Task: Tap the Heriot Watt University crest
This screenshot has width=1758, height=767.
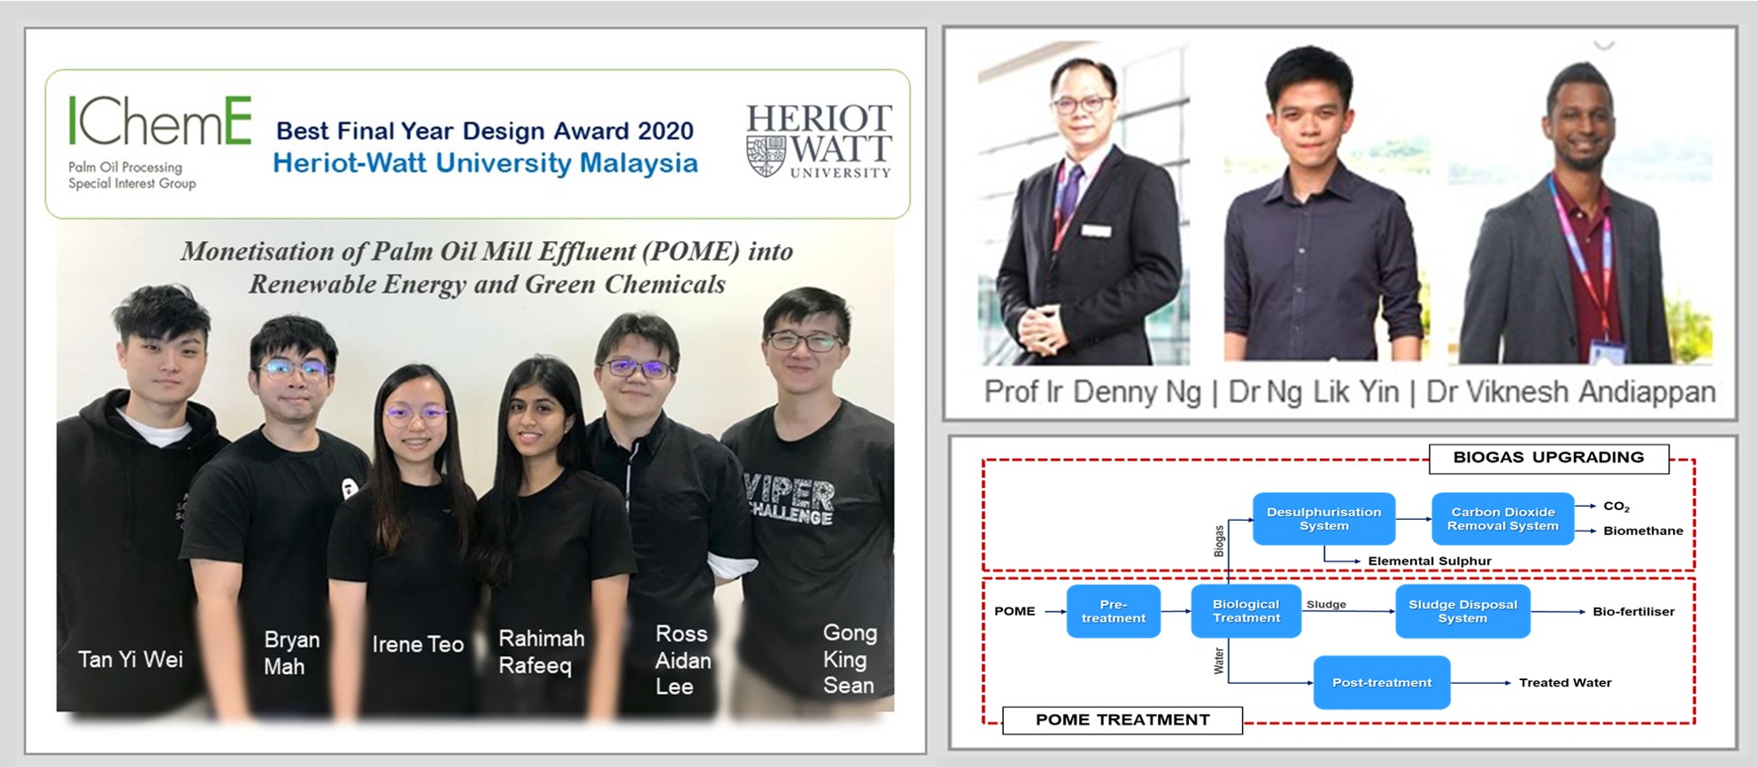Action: pos(767,155)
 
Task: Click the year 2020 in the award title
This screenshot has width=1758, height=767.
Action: pos(665,131)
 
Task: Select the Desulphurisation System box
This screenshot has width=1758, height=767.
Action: pos(1323,519)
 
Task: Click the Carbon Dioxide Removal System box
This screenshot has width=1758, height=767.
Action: pos(1502,519)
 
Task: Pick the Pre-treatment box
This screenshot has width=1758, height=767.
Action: pos(1113,611)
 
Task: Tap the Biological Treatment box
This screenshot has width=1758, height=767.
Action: pos(1245,611)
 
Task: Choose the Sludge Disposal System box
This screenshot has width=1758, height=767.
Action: pos(1461,611)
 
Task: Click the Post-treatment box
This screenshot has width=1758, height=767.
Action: pos(1381,683)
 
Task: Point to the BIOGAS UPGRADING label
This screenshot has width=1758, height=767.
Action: pos(1548,458)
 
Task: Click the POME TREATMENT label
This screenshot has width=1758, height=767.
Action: pos(1122,720)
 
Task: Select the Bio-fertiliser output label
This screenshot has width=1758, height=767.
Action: pos(1633,612)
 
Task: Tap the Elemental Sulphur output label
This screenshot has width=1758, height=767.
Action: pos(1429,562)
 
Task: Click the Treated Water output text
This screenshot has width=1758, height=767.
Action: pos(1564,683)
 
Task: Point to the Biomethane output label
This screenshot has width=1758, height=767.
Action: pos(1643,531)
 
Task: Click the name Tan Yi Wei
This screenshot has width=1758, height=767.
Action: pos(130,660)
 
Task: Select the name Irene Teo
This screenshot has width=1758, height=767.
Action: pos(417,645)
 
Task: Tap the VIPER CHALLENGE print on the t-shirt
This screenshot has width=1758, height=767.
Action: pos(789,501)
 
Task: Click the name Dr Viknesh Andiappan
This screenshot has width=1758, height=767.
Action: pos(1570,392)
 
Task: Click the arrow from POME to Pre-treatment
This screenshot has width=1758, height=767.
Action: pos(1055,611)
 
